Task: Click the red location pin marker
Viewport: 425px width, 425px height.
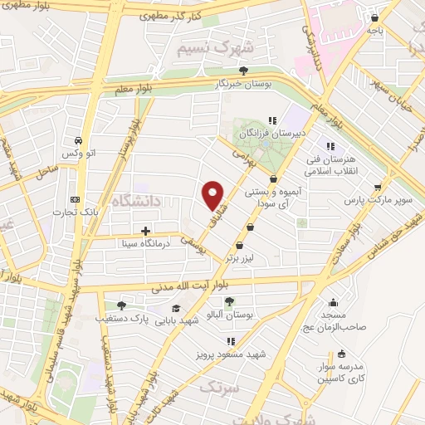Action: tap(213, 195)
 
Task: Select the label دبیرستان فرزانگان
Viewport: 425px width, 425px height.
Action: tap(266, 133)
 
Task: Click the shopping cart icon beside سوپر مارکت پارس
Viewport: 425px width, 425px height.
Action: tap(379, 187)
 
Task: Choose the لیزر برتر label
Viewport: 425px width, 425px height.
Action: tap(241, 258)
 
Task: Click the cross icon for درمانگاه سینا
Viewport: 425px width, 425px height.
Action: tap(146, 231)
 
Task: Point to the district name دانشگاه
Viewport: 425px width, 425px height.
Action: tap(129, 199)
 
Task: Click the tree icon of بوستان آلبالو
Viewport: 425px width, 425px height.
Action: tap(229, 301)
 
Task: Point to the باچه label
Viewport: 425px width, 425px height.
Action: tap(377, 30)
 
